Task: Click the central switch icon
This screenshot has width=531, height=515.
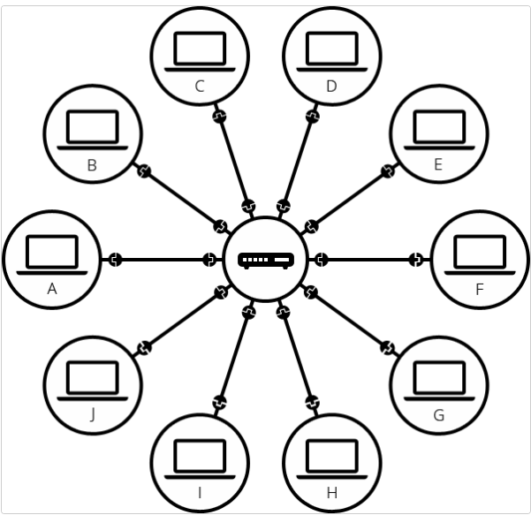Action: coord(265,261)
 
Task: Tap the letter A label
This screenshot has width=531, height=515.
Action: coord(51,289)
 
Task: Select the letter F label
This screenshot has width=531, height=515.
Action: coord(480,289)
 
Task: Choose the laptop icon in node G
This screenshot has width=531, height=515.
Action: coord(439,381)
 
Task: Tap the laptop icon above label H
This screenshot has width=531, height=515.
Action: coord(331,458)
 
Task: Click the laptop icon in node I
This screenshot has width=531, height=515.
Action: coord(200,458)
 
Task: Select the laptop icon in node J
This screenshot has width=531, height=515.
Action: coord(92,381)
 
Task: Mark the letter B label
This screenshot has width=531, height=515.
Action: coord(92,165)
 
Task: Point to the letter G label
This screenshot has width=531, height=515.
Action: coord(439,416)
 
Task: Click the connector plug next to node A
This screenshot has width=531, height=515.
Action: coord(114,260)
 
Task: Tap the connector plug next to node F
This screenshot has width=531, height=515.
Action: coord(417,260)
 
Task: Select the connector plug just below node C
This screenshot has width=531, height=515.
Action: coord(219,116)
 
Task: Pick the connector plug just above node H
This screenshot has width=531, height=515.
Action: coord(312,404)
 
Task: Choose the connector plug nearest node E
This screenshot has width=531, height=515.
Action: coord(387,171)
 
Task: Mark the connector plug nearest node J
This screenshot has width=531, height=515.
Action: coord(144,348)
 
